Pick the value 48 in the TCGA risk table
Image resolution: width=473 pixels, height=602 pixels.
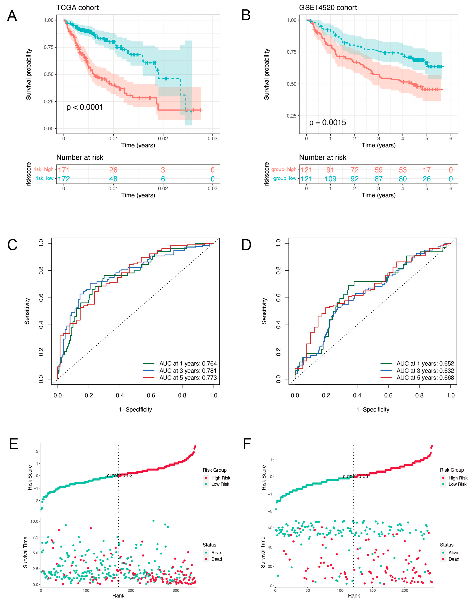click(113, 179)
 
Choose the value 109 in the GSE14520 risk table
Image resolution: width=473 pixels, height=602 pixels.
click(330, 179)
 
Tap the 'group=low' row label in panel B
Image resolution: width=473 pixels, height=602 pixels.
click(285, 178)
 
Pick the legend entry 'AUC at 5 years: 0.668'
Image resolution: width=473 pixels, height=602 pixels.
click(425, 378)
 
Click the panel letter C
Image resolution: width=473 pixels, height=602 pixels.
click(12, 245)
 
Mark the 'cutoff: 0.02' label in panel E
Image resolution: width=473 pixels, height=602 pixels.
click(120, 475)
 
